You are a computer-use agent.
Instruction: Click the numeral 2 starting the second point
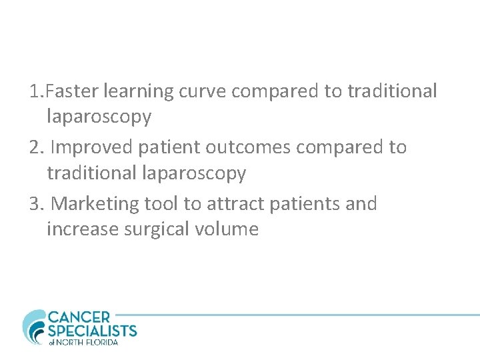click(35, 147)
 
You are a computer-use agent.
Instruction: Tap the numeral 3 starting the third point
click(35, 203)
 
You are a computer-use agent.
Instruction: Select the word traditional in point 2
click(91, 173)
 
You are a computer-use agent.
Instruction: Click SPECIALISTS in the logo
click(92, 331)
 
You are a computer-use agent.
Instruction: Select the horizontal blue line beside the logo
click(300, 315)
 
